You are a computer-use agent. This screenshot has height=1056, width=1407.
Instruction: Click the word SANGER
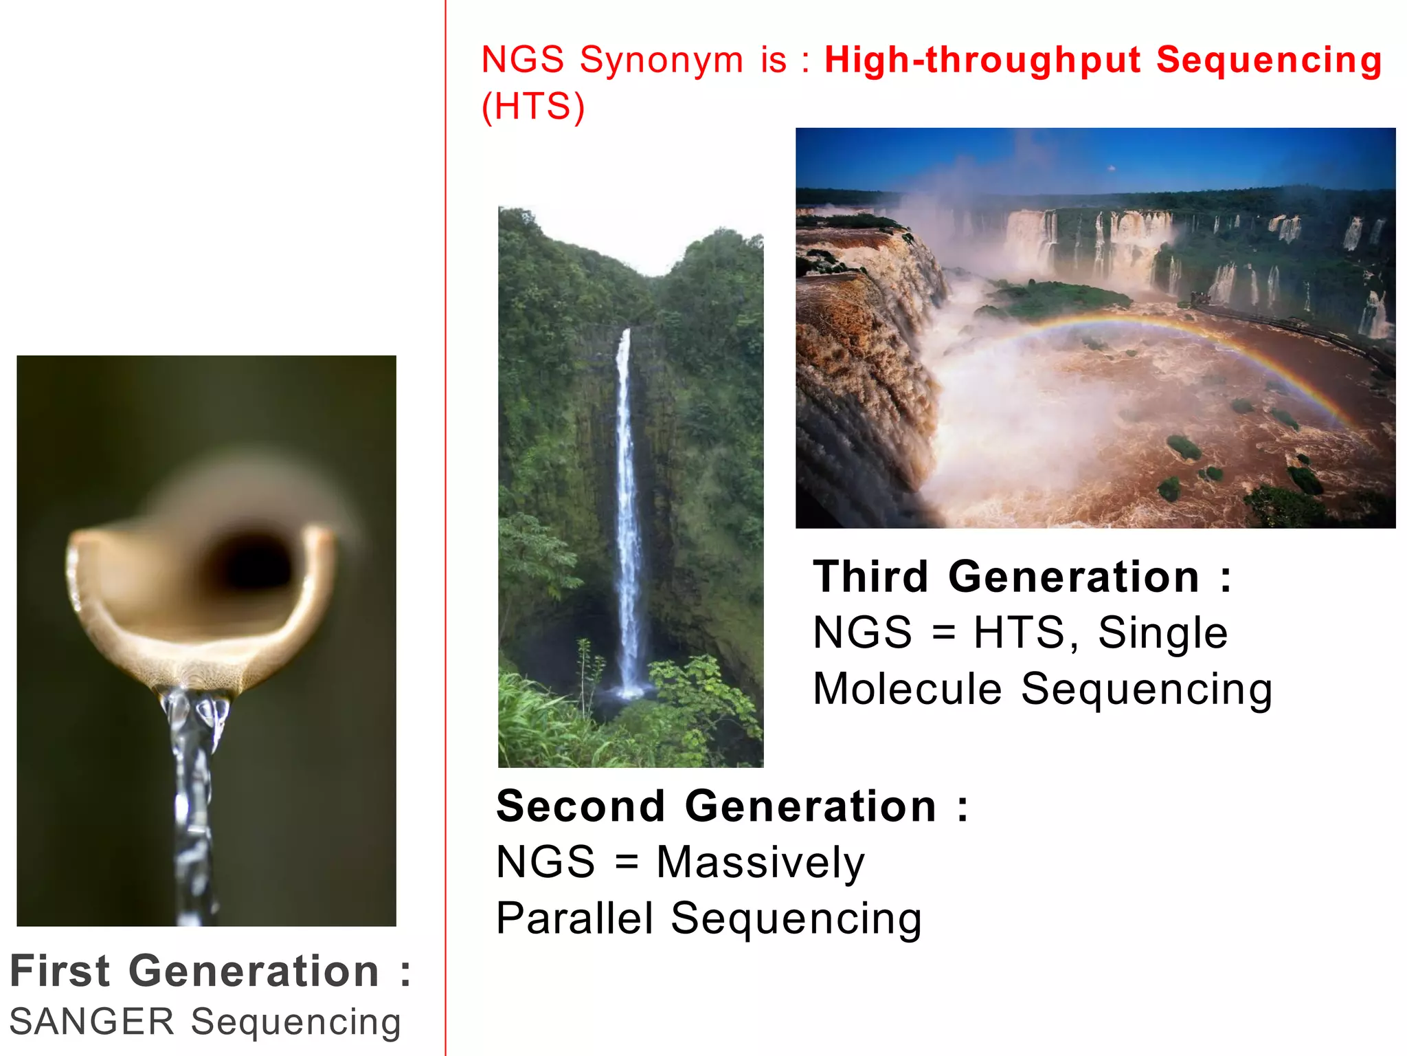pos(92,1022)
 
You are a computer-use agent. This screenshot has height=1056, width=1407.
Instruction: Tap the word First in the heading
pos(60,971)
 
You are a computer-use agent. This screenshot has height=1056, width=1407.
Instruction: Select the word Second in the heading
pos(581,806)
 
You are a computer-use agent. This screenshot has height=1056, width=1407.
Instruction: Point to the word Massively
pos(760,863)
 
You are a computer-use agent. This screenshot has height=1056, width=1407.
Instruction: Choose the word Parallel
pos(574,918)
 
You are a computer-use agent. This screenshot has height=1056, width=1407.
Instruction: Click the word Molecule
pos(907,689)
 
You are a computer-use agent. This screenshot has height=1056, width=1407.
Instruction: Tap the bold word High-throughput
pos(982,60)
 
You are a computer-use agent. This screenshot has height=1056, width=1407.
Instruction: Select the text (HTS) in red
pos(533,107)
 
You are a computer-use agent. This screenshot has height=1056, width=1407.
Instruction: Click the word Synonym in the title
pos(662,60)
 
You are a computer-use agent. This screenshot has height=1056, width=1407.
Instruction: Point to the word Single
pos(1162,633)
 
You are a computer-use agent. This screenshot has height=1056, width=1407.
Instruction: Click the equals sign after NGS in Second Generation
pos(626,863)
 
